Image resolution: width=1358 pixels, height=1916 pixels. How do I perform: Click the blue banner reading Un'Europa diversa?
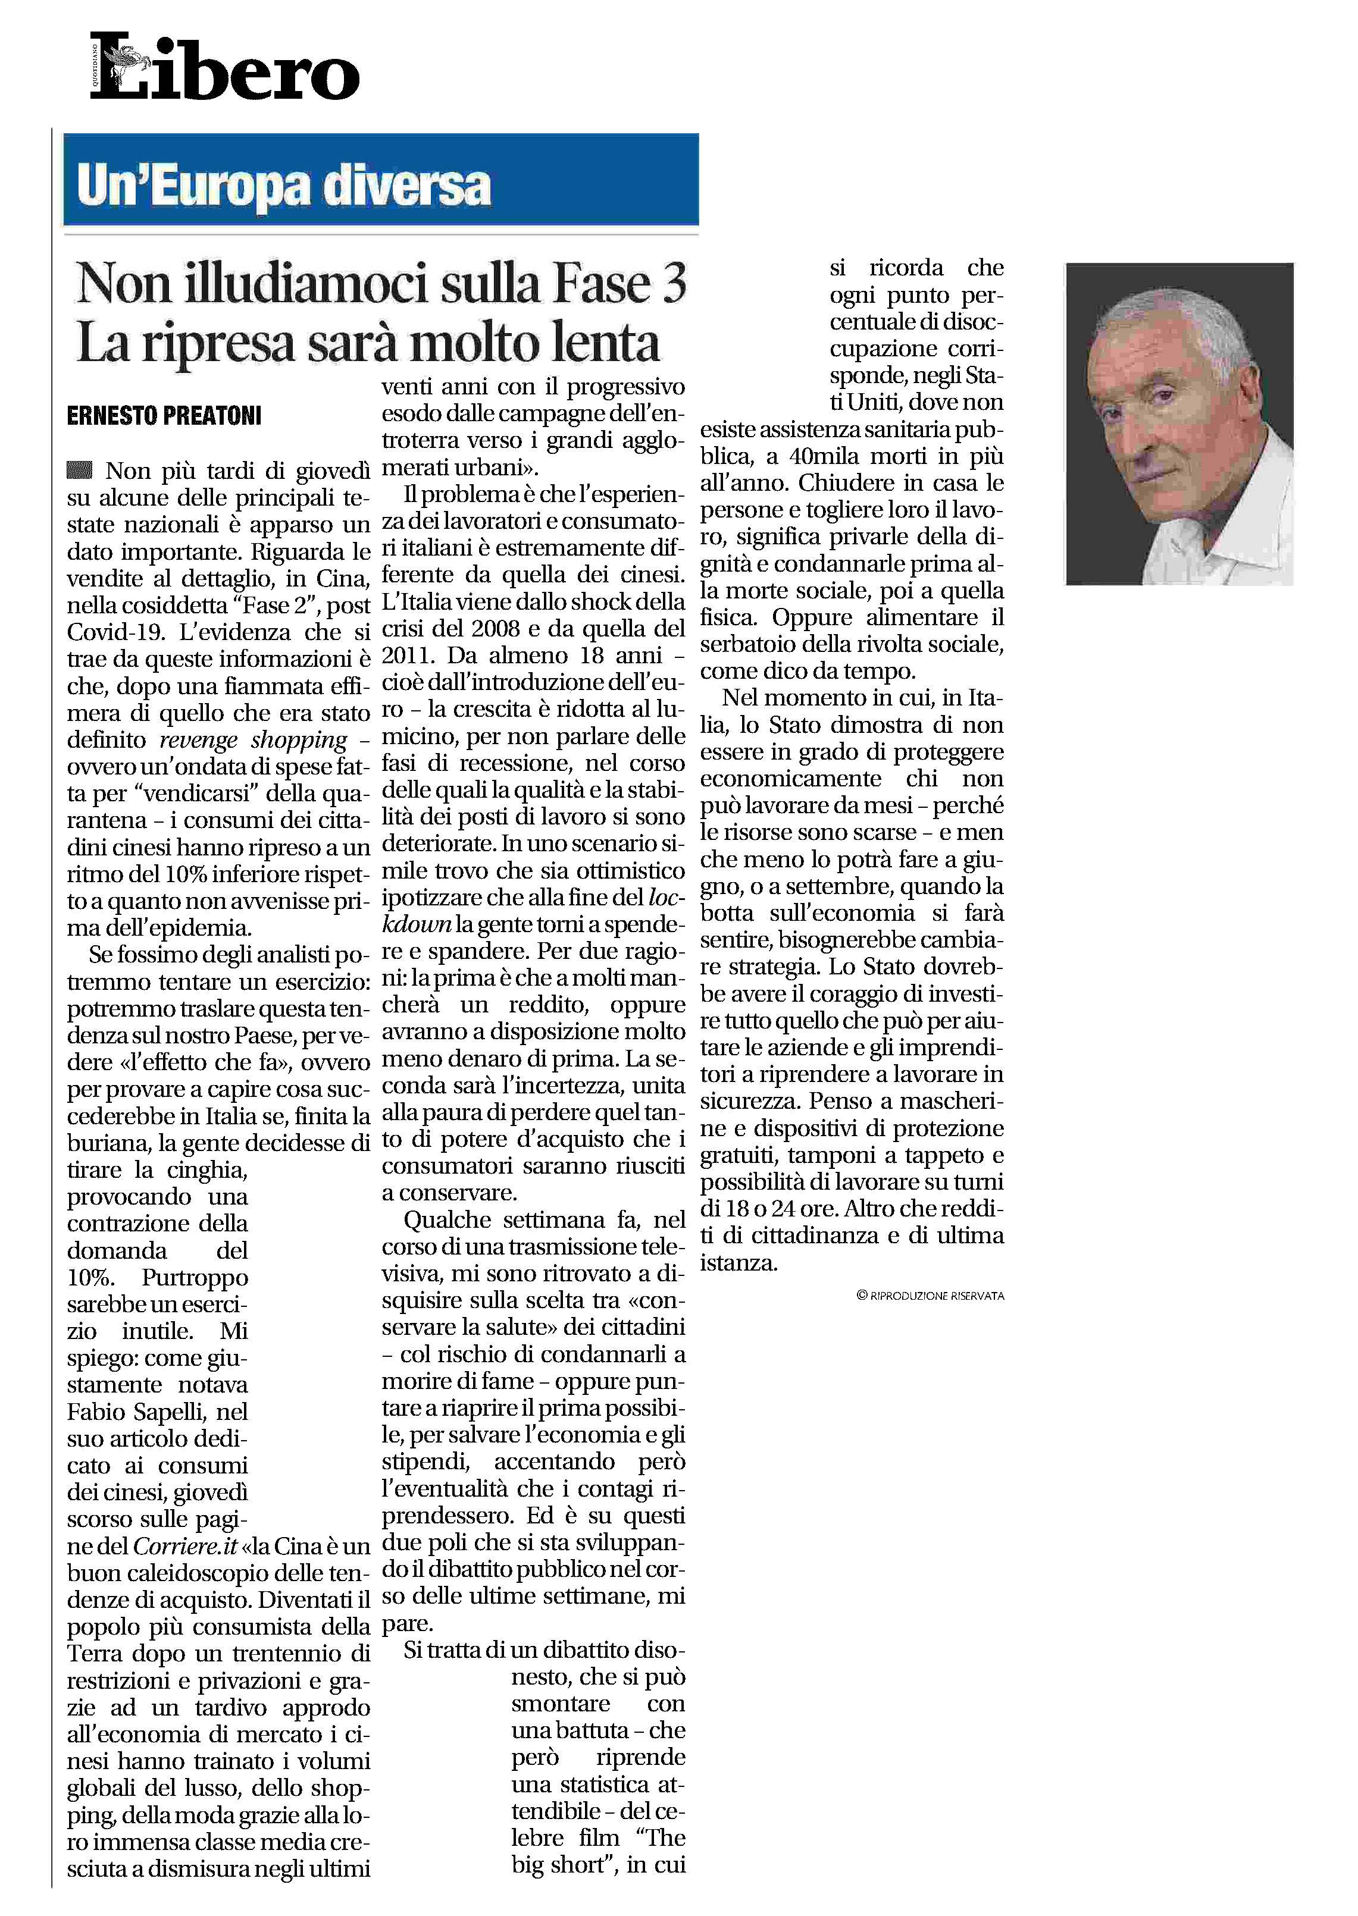[x=380, y=180]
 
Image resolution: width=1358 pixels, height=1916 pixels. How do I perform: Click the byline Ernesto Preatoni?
[x=164, y=415]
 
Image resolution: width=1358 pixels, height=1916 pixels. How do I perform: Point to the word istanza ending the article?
[x=737, y=1262]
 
